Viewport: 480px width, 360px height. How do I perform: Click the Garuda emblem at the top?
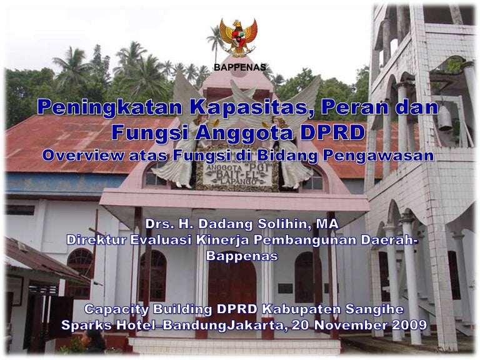pos(238,37)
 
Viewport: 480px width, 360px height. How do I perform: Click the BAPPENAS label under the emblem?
pos(240,67)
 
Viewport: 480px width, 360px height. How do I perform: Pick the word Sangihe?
pos(374,309)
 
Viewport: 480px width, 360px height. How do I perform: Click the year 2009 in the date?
pos(407,325)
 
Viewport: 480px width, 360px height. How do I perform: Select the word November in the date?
pos(347,325)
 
